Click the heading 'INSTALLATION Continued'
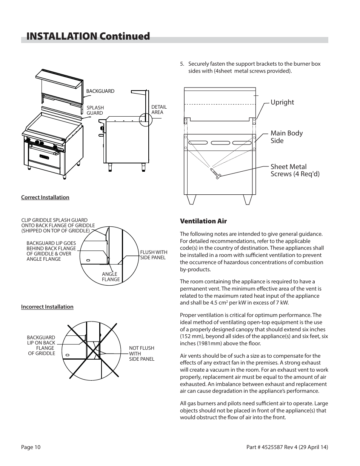[x=88, y=36]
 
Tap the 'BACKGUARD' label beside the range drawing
[x=100, y=91]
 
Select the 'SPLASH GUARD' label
[x=95, y=110]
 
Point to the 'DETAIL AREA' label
[x=158, y=109]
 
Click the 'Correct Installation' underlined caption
[x=45, y=197]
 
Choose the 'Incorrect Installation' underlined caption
[x=47, y=307]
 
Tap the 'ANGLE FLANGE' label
[x=111, y=277]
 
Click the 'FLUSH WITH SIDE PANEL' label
[x=154, y=255]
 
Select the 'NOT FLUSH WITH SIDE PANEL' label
[x=142, y=354]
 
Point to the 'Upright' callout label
[x=282, y=102]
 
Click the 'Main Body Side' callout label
[x=286, y=137]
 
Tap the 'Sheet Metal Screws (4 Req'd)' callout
[x=295, y=170]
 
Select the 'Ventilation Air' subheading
[x=203, y=221]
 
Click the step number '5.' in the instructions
[x=183, y=64]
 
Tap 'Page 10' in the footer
[x=31, y=448]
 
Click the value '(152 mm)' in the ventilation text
[x=191, y=336]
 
